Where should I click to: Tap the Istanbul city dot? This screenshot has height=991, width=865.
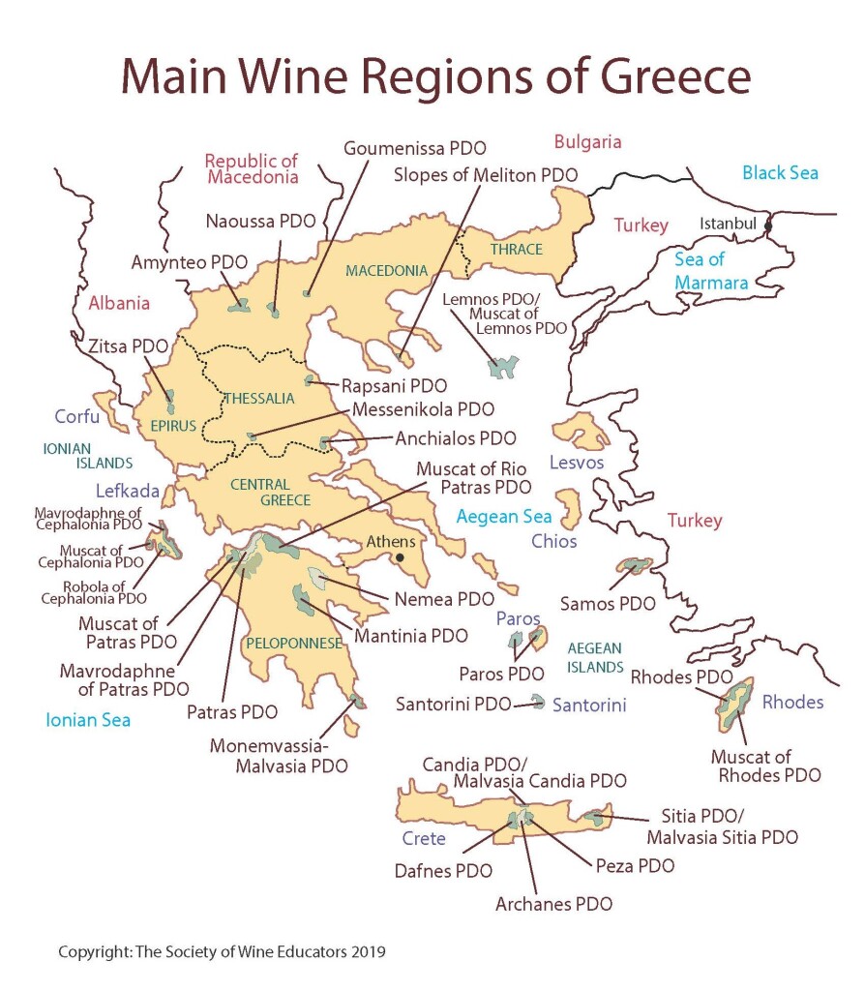click(x=769, y=225)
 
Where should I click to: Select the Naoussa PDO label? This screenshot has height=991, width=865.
click(x=260, y=221)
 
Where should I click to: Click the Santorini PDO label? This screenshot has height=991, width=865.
click(x=453, y=704)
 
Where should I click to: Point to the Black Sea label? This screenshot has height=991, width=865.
click(x=780, y=173)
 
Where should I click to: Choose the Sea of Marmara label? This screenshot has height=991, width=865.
click(x=712, y=271)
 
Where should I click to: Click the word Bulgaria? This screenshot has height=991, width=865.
click(x=587, y=142)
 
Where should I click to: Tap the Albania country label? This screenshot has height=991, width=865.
click(x=119, y=303)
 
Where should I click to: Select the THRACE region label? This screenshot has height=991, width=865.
click(x=516, y=250)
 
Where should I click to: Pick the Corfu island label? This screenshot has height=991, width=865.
click(x=76, y=417)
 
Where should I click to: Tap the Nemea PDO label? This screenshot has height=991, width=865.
click(x=431, y=599)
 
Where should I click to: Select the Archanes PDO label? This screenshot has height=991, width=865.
click(x=553, y=904)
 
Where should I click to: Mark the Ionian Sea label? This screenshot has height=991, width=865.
click(x=88, y=719)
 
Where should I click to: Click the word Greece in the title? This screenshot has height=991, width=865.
click(x=660, y=75)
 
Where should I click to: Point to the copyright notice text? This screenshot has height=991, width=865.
click(x=222, y=951)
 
